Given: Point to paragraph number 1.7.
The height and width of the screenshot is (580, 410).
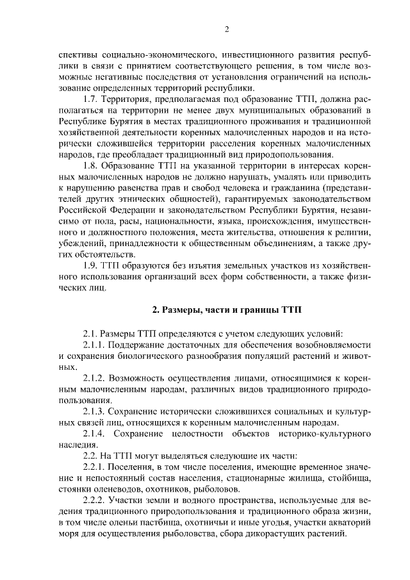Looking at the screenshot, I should point(92,101).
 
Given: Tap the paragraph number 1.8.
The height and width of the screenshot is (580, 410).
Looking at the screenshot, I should point(92,165).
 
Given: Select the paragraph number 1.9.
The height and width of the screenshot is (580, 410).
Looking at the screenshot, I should point(92,266).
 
